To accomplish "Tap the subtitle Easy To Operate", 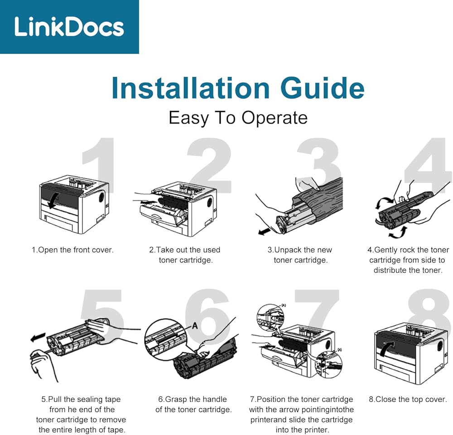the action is pos(238,118).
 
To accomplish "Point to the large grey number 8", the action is pos(428,313).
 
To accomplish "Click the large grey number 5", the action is pos(102,313).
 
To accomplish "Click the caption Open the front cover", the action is pos(72,250).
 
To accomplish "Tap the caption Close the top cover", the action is pos(408,399).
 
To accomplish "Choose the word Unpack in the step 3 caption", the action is pos(284,250).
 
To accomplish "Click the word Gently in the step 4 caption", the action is pos(386,250).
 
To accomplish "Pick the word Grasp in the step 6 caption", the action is pos(175,399).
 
